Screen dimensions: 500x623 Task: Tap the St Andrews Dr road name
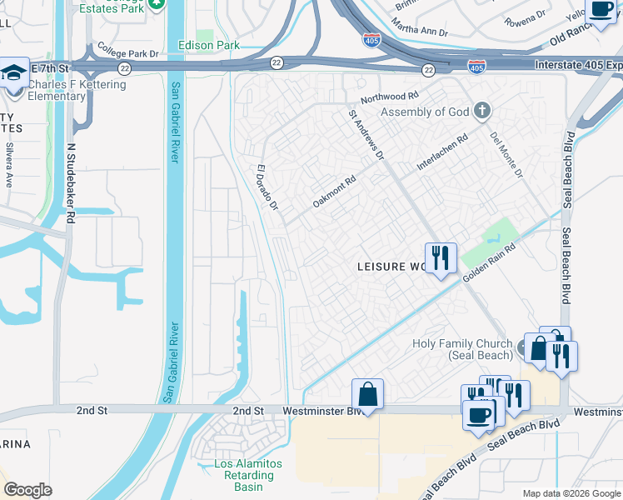click(366, 134)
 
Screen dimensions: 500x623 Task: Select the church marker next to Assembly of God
click(481, 111)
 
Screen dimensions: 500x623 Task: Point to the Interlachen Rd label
click(442, 152)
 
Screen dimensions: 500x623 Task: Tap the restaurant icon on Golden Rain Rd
click(439, 257)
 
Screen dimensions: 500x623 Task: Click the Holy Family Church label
click(463, 349)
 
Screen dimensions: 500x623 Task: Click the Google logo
click(27, 490)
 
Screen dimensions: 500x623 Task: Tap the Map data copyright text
click(571, 493)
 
